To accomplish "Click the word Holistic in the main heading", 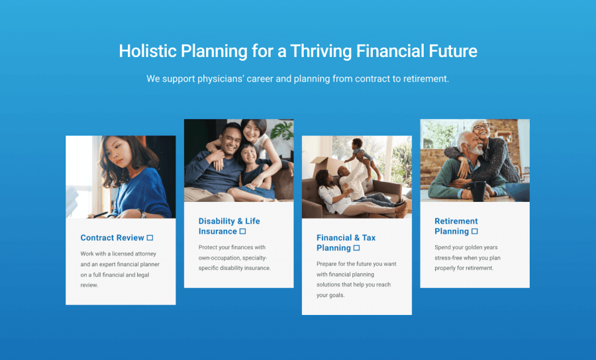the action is (148, 51).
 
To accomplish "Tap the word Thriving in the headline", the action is (321, 51).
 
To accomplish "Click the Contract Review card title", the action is (112, 238).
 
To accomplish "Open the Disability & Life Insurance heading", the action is (229, 226).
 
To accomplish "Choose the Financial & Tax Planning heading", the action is (346, 243).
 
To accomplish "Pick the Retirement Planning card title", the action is (456, 226).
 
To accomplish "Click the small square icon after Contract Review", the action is (150, 238).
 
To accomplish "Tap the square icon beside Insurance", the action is (242, 231).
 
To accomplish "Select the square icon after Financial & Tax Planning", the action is (356, 248).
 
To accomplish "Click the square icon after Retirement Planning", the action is (474, 231).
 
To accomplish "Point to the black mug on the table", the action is (477, 191).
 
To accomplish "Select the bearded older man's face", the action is (473, 146).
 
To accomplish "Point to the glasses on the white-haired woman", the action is (481, 127).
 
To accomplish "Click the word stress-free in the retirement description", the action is (448, 258).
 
